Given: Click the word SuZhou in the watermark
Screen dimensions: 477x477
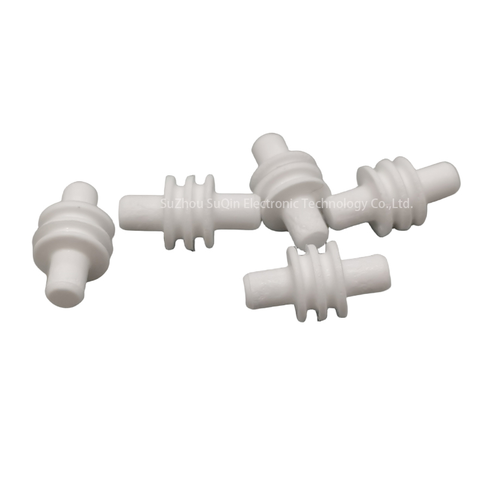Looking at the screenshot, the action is [179, 203].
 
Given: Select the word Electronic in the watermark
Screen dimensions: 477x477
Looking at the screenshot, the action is [273, 203].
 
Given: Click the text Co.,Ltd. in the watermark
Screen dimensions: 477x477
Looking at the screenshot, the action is [392, 203].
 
